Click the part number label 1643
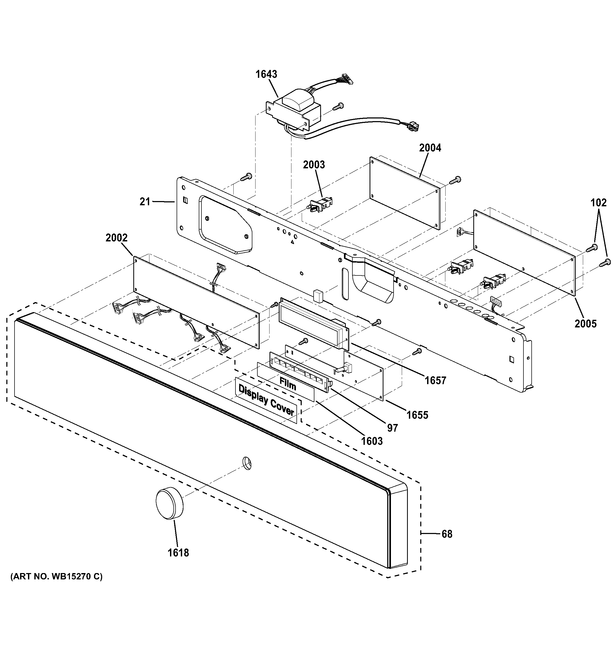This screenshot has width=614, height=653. (x=266, y=74)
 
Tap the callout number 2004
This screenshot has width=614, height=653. (x=429, y=148)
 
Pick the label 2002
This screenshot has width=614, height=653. (x=116, y=237)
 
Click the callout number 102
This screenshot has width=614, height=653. (x=598, y=203)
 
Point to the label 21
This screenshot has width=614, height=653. (x=145, y=201)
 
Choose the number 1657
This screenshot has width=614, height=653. (x=435, y=380)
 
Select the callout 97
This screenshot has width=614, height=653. (x=393, y=428)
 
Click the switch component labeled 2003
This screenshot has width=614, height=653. (x=319, y=204)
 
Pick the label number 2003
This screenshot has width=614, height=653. (x=314, y=165)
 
